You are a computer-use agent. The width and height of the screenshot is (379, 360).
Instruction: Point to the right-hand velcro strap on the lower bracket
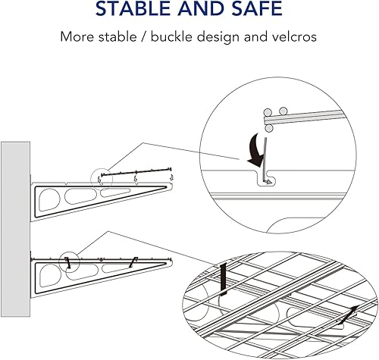[x=133, y=261]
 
